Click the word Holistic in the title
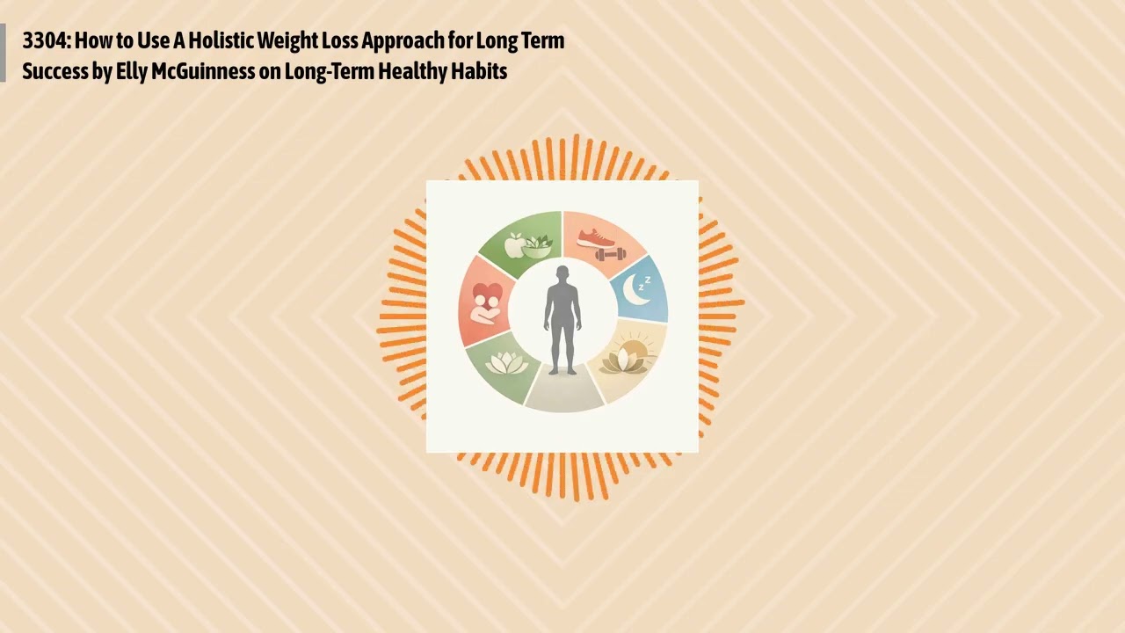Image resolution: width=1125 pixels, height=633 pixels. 220,40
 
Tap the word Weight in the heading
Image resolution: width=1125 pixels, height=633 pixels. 287,40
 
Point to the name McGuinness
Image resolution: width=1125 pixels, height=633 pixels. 203,71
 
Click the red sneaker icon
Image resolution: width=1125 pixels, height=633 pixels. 597,237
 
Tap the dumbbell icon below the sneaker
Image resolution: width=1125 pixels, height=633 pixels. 610,255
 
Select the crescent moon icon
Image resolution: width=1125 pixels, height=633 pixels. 635,290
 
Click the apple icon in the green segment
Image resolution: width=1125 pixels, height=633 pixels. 514,245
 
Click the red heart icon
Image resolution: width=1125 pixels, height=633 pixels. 486,296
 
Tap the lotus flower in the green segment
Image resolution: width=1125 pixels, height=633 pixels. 505,362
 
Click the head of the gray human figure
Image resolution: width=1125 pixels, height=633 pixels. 562,273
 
